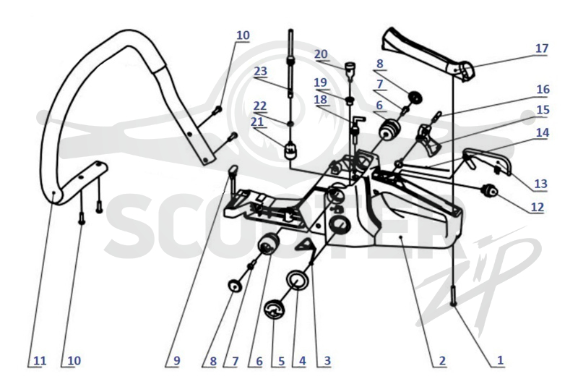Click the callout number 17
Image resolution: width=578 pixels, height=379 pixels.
click(x=541, y=48)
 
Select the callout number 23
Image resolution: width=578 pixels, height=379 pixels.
click(x=260, y=71)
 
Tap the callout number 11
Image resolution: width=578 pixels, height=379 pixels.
click(x=40, y=360)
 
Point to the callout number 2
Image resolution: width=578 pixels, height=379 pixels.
click(x=442, y=360)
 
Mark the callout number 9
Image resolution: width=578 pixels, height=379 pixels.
click(x=176, y=360)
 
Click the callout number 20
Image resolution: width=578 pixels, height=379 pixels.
click(x=321, y=54)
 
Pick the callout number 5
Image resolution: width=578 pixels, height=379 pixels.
click(x=281, y=361)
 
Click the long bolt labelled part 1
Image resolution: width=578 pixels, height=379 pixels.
click(x=454, y=296)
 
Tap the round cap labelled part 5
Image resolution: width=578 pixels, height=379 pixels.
click(x=275, y=311)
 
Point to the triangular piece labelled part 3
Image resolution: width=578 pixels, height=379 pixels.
click(x=305, y=245)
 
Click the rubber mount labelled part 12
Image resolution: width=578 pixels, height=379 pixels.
click(x=489, y=190)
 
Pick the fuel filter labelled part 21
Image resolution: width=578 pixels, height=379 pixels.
click(x=291, y=150)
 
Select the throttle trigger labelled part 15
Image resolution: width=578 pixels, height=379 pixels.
click(x=428, y=140)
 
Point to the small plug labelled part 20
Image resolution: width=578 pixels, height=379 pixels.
click(x=350, y=68)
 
